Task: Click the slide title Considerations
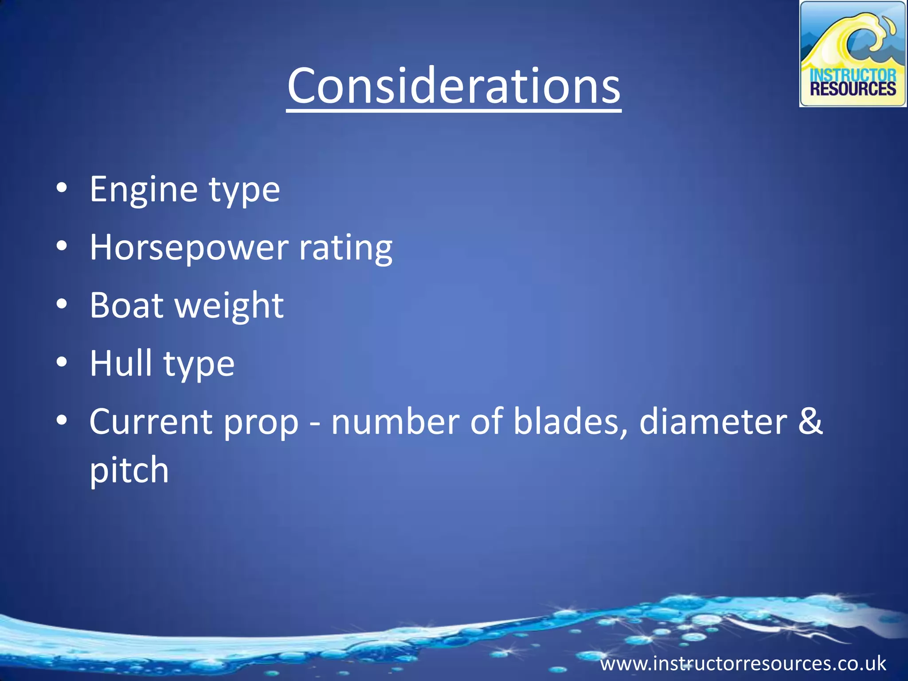[x=454, y=86]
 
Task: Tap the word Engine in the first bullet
[x=144, y=190]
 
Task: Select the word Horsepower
[x=189, y=247]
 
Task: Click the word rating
[x=346, y=248]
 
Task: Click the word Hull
[x=121, y=363]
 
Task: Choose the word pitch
[x=129, y=470]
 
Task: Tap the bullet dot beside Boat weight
[x=62, y=304]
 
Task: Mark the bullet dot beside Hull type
[x=62, y=362]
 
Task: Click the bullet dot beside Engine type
[x=62, y=188]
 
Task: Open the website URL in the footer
[x=743, y=664]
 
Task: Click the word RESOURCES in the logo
[x=853, y=90]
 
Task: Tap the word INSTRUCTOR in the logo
[x=853, y=74]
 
